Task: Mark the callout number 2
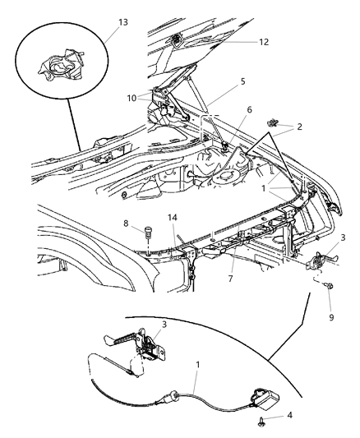point(300,127)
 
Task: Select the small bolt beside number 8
point(147,229)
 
